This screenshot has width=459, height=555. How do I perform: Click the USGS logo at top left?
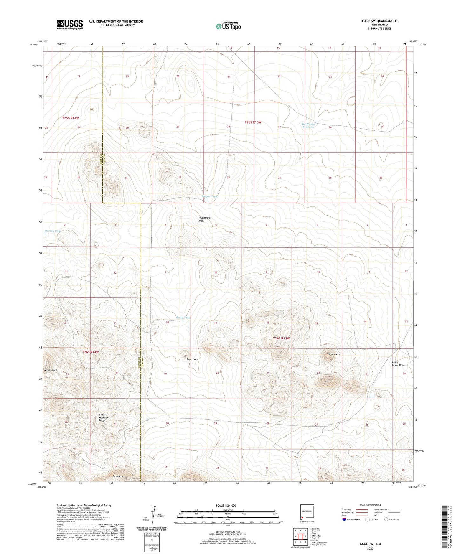coord(70,24)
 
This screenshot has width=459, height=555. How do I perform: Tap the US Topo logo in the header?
coord(228,26)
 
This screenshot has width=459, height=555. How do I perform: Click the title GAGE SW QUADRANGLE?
coord(379,21)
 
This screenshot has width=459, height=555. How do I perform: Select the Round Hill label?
coord(192,359)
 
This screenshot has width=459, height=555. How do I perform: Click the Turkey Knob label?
coord(51,370)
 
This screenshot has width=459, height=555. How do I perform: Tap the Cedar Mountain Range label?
coord(104,417)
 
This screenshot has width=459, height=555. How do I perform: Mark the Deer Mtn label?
coord(117,476)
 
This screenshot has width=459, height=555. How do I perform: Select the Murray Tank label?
coord(52,231)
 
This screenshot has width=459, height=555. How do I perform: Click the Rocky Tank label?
coord(183,318)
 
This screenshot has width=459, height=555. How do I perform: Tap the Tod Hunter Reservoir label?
coord(308,126)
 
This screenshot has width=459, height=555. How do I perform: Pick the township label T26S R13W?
coord(281,338)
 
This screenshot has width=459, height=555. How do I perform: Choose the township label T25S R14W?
coord(70,118)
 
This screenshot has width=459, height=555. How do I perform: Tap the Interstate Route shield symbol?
coord(345,519)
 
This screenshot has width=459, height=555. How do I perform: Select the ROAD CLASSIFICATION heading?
coord(370,505)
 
